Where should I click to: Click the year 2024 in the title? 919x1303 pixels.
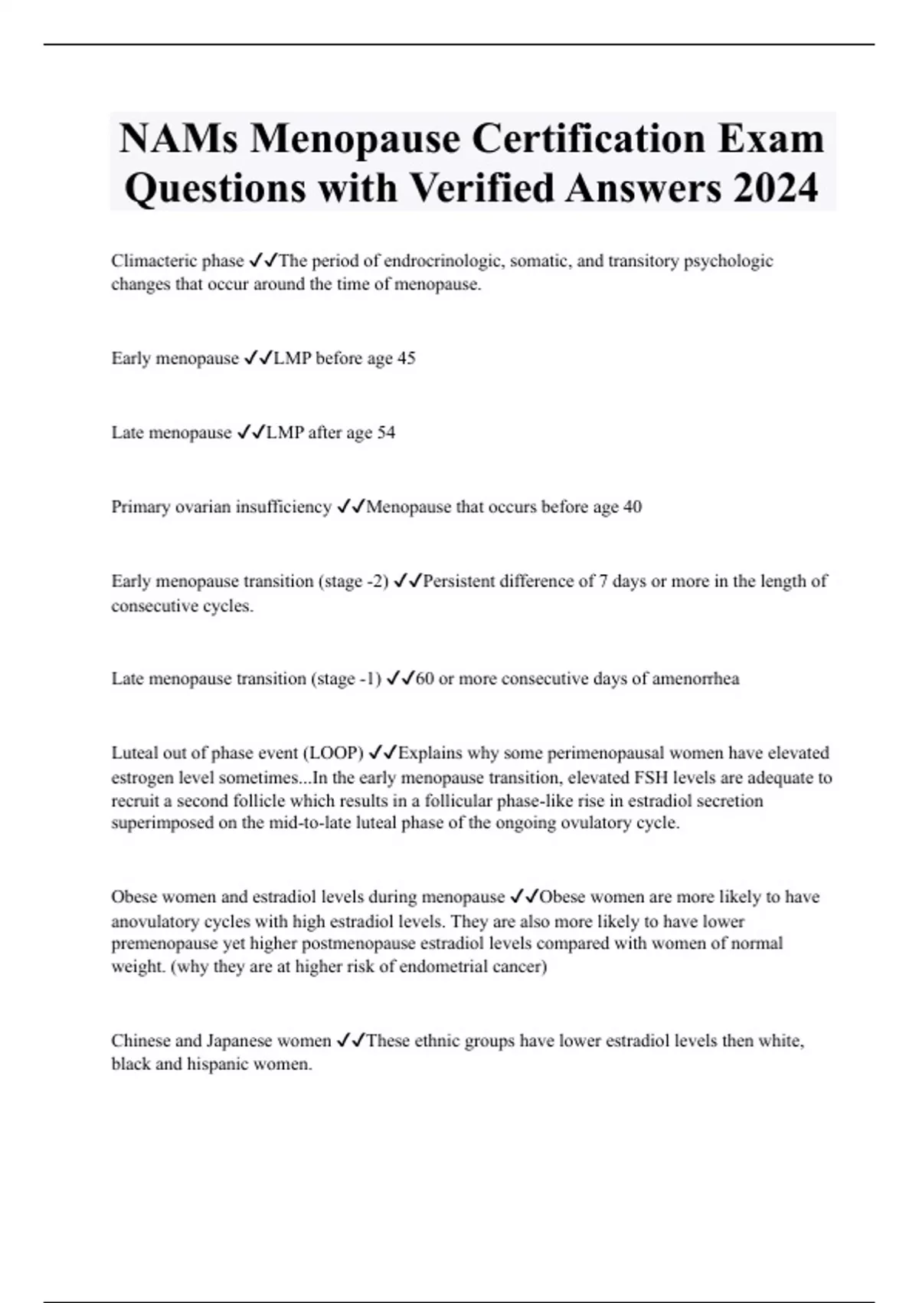776,188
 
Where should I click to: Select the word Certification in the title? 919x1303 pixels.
587,139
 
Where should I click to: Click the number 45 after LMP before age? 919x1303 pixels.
406,359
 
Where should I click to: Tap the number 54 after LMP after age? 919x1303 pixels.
386,433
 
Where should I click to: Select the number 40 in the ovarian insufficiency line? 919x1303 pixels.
633,507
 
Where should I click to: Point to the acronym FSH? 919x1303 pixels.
652,778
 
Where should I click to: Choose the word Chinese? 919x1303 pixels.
140,1041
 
